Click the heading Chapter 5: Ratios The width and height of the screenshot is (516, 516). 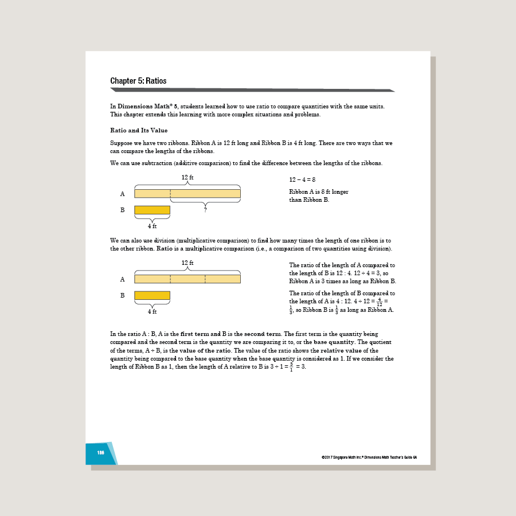pos(138,81)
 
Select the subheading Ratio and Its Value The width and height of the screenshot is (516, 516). pos(139,130)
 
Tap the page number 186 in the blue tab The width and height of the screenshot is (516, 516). pos(101,452)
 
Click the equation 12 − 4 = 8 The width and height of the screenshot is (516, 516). pos(302,179)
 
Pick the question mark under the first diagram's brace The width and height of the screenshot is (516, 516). pos(205,210)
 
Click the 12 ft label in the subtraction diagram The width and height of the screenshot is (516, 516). pos(187,178)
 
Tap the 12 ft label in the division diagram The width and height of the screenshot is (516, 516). pos(187,263)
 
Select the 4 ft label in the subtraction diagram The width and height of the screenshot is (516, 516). pos(152,226)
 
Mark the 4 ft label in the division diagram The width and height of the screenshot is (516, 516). pos(152,311)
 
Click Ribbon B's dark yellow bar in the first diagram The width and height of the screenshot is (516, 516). pos(152,210)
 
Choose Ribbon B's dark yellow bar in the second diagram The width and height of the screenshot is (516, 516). pos(152,295)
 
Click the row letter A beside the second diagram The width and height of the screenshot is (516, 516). pos(122,279)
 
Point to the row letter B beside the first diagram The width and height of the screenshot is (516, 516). pos(122,210)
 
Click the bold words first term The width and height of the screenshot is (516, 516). pos(195,334)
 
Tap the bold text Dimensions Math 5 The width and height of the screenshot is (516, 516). pos(147,107)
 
